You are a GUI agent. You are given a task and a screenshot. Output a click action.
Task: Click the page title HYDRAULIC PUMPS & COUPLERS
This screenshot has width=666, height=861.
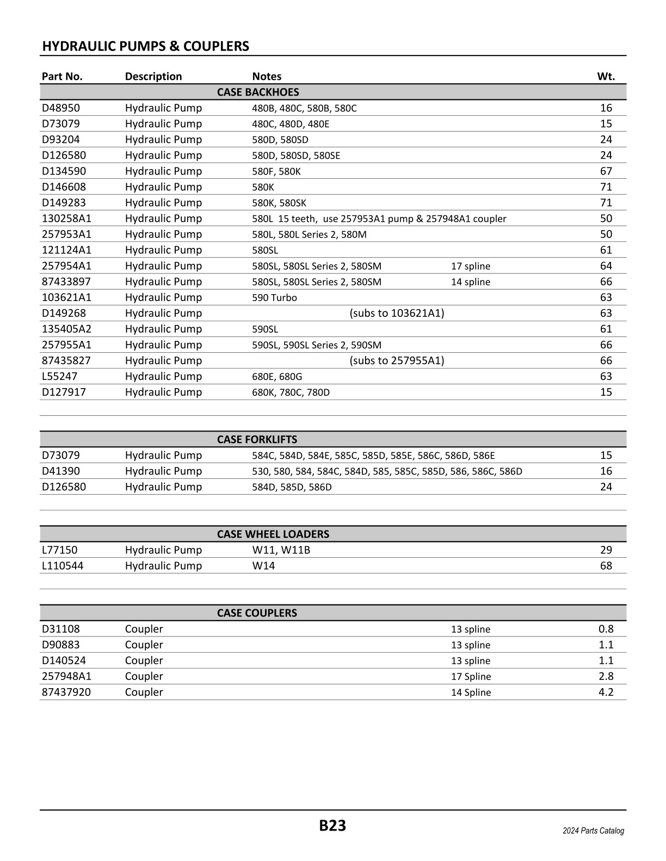(145, 46)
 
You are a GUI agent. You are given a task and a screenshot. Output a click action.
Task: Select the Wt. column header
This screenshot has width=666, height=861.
(606, 76)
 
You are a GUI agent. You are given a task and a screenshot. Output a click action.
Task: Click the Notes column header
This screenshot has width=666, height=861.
(267, 76)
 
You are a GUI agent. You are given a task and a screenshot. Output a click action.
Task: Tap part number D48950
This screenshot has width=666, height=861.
(61, 108)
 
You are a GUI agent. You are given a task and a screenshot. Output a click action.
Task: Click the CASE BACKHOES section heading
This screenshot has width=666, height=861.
(258, 92)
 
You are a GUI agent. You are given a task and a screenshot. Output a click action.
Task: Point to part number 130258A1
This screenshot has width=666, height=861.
(67, 219)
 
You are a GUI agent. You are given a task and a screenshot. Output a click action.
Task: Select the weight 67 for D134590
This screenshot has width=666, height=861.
(606, 171)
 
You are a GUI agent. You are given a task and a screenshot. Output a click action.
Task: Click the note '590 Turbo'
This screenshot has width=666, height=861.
(274, 298)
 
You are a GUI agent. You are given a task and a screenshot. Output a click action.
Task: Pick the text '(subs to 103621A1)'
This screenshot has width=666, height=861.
(397, 313)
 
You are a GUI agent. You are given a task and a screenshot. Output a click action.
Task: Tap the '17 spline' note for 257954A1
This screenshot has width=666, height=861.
(470, 266)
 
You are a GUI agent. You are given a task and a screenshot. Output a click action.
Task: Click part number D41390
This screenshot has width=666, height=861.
(61, 471)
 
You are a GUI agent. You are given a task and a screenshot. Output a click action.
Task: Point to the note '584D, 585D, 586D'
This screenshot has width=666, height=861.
(292, 487)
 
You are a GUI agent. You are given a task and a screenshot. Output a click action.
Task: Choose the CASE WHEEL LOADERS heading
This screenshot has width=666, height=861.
(273, 534)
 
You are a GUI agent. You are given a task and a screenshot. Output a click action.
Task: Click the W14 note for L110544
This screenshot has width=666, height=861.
(263, 566)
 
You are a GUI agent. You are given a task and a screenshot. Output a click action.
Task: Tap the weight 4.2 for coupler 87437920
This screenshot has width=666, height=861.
(606, 692)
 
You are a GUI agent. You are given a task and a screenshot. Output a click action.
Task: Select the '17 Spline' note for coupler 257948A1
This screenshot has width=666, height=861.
(471, 677)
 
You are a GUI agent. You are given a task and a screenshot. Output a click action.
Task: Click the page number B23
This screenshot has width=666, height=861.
(332, 826)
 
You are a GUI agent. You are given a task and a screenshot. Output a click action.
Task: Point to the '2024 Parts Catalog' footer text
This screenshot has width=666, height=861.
(593, 831)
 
